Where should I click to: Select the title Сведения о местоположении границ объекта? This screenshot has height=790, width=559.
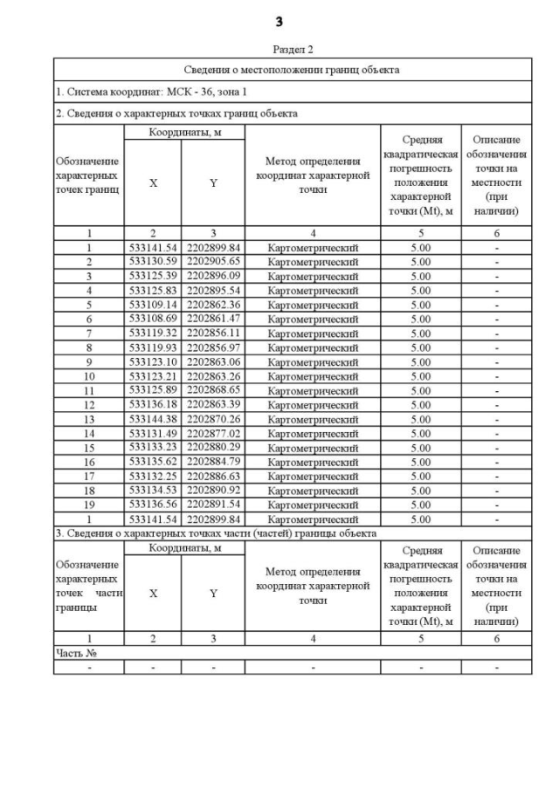pyautogui.click(x=292, y=70)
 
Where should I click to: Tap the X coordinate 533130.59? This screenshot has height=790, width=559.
pyautogui.click(x=152, y=262)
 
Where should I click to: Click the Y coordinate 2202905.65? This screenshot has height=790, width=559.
pyautogui.click(x=213, y=262)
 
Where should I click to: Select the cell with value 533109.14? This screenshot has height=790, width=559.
pyautogui.click(x=152, y=305)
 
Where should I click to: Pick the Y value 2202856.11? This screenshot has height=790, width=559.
pyautogui.click(x=213, y=333)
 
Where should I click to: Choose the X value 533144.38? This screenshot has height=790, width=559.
pyautogui.click(x=152, y=419)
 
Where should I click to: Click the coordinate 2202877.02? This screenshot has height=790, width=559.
pyautogui.click(x=213, y=433)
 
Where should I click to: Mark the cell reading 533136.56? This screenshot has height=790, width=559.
pyautogui.click(x=152, y=505)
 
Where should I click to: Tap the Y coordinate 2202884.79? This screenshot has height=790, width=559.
pyautogui.click(x=213, y=462)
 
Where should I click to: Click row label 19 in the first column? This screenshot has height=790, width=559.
pyautogui.click(x=88, y=505)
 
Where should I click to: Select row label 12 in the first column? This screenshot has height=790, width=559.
pyautogui.click(x=88, y=405)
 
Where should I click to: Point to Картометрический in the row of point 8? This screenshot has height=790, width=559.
pyautogui.click(x=313, y=347)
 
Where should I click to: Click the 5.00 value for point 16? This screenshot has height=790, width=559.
pyautogui.click(x=420, y=462)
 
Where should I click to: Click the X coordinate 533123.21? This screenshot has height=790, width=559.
pyautogui.click(x=152, y=376)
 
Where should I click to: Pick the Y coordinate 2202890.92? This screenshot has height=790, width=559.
pyautogui.click(x=213, y=491)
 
